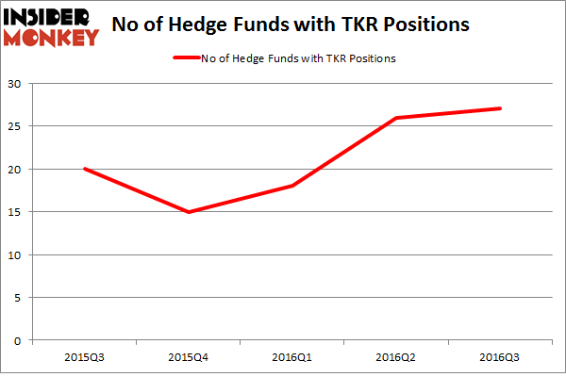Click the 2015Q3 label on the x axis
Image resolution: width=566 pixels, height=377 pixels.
click(85, 359)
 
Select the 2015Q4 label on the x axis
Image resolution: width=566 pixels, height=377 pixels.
click(189, 359)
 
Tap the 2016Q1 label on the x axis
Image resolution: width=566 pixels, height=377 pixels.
click(292, 359)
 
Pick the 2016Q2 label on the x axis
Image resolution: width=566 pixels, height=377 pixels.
click(396, 359)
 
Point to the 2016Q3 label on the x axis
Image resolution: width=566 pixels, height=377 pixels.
click(500, 359)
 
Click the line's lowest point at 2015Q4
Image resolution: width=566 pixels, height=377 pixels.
click(189, 212)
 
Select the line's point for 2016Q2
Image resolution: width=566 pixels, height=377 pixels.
click(396, 118)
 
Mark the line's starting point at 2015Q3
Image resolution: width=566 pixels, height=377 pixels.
click(85, 170)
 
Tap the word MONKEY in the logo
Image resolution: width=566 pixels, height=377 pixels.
click(52, 38)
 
